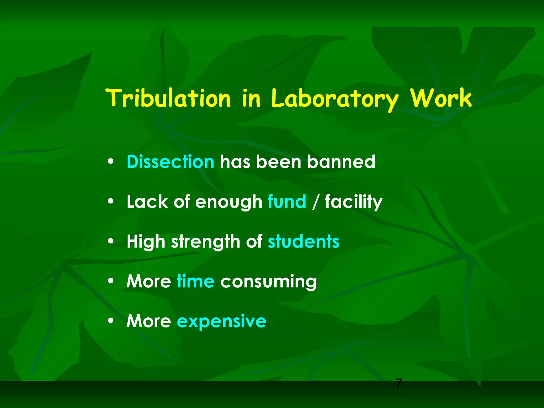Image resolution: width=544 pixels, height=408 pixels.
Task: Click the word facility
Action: (x=354, y=202)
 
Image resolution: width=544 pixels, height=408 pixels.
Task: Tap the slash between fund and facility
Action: (x=315, y=202)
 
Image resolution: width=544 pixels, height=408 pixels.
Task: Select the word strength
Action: (x=206, y=242)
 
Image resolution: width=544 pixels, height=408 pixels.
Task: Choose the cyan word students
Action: (x=303, y=241)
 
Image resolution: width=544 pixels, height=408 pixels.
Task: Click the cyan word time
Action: (x=195, y=281)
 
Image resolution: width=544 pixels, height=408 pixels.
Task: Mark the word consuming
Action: (x=268, y=282)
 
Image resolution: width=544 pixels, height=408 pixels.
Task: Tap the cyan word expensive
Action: (x=222, y=322)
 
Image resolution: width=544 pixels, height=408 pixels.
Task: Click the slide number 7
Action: (x=399, y=384)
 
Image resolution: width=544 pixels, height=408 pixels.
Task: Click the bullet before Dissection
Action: (x=111, y=161)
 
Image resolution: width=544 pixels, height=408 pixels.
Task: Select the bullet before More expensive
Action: (x=111, y=321)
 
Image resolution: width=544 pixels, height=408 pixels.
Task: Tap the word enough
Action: (x=229, y=202)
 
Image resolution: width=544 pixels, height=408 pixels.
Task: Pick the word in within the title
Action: (x=251, y=98)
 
